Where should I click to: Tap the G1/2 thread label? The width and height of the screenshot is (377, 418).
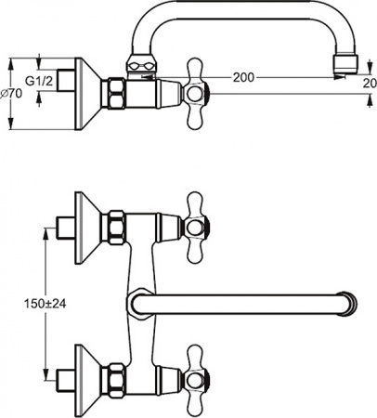pos(38,81)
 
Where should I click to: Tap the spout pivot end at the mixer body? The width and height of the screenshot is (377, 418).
pos(136,303)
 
